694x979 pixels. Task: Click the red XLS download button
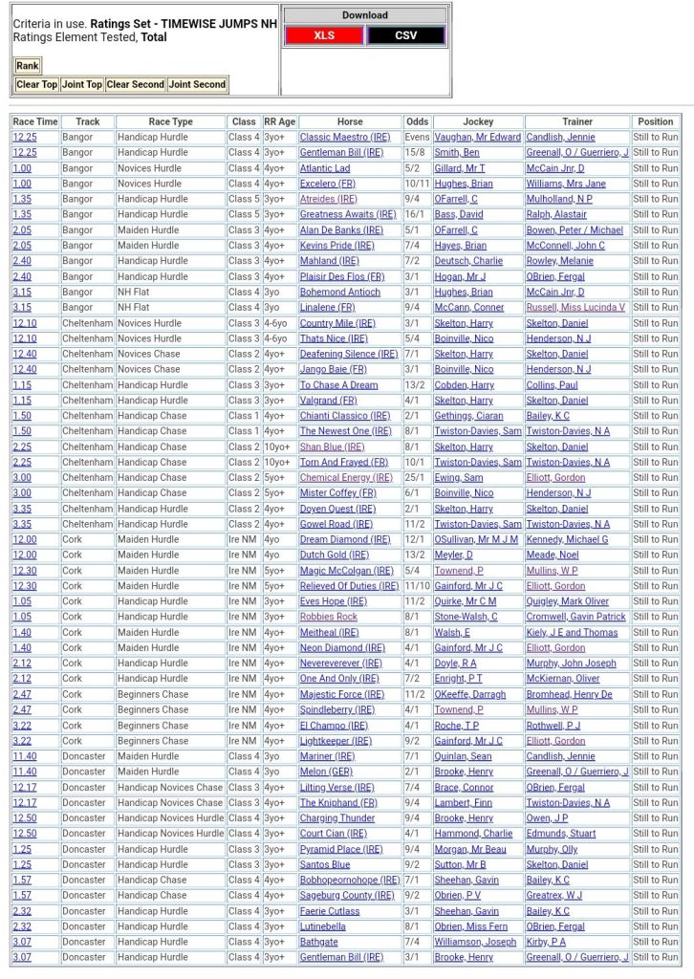coord(324,35)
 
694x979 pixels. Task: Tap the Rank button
coord(28,66)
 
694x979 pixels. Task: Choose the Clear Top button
coord(36,84)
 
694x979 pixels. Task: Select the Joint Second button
coord(197,84)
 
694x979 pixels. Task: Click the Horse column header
coord(350,121)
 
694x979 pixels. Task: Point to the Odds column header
coord(417,121)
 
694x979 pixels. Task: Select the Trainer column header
coord(577,121)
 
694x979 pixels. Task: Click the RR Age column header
coord(279,121)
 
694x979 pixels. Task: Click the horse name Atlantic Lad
coord(325,168)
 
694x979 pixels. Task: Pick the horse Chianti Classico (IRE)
coord(345,416)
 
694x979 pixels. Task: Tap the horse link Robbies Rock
coord(328,617)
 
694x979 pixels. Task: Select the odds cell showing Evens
coord(417,138)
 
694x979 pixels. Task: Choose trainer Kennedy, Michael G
coord(567,539)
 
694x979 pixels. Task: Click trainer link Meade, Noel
coord(553,555)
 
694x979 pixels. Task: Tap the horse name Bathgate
coord(318,942)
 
